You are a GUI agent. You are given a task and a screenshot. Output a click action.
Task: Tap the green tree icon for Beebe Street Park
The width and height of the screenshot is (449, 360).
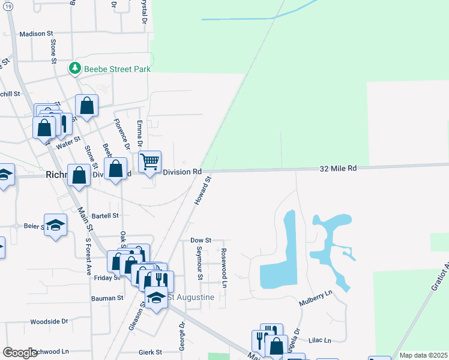(75, 68)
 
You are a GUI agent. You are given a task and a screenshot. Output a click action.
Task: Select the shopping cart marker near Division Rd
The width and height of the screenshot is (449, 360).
(149, 161)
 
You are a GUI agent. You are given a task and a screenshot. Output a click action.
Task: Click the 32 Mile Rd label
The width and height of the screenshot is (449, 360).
(338, 169)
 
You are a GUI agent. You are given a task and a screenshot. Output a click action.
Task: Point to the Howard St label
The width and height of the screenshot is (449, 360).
(203, 190)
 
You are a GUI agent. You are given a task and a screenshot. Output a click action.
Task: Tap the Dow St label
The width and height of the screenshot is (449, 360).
(201, 240)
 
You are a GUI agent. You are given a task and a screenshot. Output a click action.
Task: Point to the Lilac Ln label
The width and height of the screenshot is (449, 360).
(319, 340)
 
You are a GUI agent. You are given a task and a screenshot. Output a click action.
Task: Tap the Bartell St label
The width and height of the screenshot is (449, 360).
(106, 215)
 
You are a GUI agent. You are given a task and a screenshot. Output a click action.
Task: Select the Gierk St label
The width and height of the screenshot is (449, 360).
(150, 353)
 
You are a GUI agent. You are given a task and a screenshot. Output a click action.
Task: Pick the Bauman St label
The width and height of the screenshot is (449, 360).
(107, 298)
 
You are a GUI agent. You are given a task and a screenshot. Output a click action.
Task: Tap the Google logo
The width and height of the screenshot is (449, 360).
(20, 353)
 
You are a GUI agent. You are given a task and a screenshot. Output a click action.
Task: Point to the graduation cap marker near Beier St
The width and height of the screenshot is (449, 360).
(56, 225)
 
